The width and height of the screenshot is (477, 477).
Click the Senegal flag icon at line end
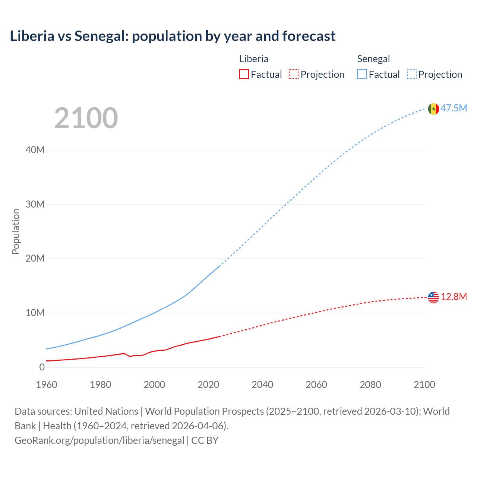pyautogui.click(x=433, y=109)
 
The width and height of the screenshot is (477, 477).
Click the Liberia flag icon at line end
pyautogui.click(x=433, y=297)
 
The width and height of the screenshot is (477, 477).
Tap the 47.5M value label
pyautogui.click(x=454, y=108)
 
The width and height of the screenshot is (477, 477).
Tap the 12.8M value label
pyautogui.click(x=454, y=297)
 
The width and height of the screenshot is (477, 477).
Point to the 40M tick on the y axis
pyautogui.click(x=35, y=150)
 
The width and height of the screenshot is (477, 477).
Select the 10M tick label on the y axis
pyautogui.click(x=35, y=313)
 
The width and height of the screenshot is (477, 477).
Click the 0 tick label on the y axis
pyautogui.click(x=42, y=367)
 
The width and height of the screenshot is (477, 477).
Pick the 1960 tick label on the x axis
pyautogui.click(x=47, y=385)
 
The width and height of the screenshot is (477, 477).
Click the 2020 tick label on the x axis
pyautogui.click(x=208, y=385)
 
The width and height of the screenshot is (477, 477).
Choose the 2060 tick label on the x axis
pyautogui.click(x=316, y=385)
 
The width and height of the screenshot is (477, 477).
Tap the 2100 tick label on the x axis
pyautogui.click(x=424, y=385)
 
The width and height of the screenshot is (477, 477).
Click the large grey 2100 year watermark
pyautogui.click(x=86, y=118)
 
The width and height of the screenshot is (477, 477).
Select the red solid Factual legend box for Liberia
pyautogui.click(x=244, y=75)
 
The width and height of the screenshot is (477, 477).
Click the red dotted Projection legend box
pyautogui.click(x=294, y=75)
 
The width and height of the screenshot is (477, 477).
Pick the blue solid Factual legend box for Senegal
pyautogui.click(x=362, y=75)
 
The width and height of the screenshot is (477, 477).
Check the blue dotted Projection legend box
pyautogui.click(x=412, y=75)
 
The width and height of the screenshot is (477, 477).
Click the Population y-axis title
pyautogui.click(x=16, y=231)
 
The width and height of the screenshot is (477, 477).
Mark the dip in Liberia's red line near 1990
pyautogui.click(x=130, y=357)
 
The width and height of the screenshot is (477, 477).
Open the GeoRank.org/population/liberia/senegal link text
pyautogui.click(x=99, y=440)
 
